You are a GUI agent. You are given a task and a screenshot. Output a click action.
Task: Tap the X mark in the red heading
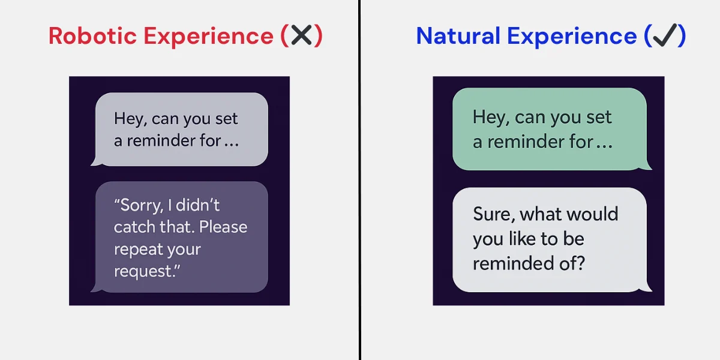[x=301, y=36]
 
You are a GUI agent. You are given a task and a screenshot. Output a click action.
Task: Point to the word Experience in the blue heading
[x=571, y=37]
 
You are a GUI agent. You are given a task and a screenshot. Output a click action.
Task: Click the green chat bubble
[x=549, y=129]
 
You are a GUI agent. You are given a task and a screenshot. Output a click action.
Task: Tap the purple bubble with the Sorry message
[x=180, y=237]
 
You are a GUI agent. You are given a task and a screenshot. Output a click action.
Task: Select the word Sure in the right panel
[x=493, y=214]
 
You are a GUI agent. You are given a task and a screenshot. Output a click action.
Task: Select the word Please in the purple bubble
[x=223, y=227]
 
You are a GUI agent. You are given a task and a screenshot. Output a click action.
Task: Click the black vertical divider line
[x=360, y=180]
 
